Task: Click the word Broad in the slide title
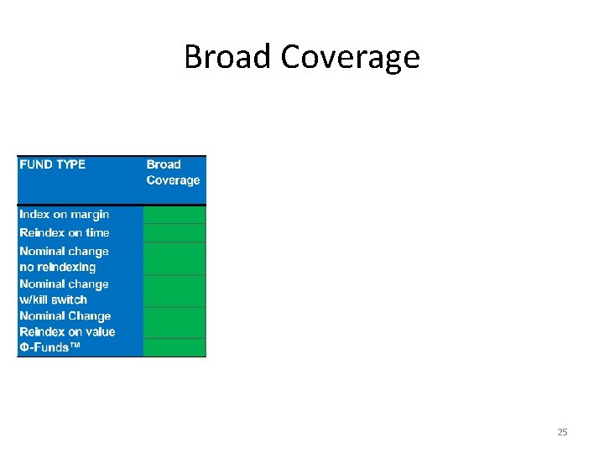[x=228, y=57]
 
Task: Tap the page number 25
[x=562, y=432]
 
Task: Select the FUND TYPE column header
[x=53, y=164]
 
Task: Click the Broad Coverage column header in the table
[x=173, y=172]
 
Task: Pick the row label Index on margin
[x=65, y=214]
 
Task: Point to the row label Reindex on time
[x=65, y=232]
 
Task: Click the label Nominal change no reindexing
[x=64, y=258]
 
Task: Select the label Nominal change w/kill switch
[x=64, y=291]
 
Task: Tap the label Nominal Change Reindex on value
[x=67, y=324]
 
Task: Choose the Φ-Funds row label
[x=50, y=347]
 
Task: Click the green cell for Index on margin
[x=174, y=215]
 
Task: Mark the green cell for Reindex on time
[x=174, y=233]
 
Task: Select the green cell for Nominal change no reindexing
[x=174, y=258]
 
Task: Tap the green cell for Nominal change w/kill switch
[x=174, y=291]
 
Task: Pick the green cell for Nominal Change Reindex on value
[x=174, y=323]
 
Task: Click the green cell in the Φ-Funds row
[x=174, y=347]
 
